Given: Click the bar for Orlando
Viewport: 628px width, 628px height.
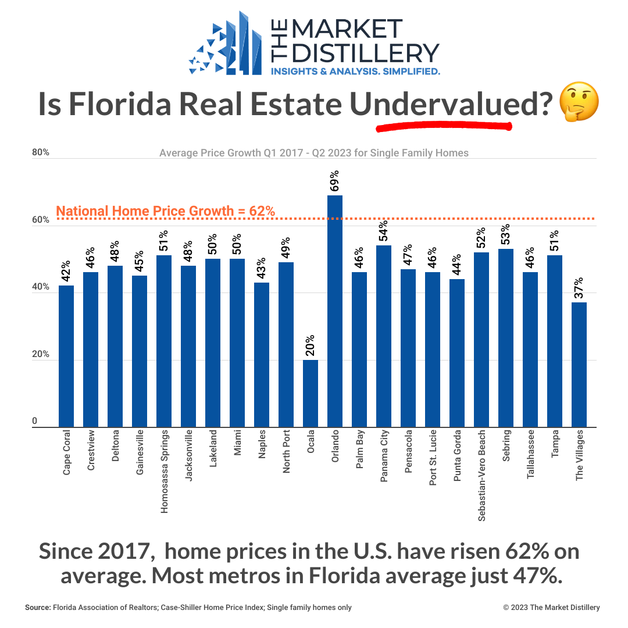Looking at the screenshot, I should coord(335,311).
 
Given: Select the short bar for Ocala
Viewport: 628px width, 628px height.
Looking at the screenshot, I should coord(311,394).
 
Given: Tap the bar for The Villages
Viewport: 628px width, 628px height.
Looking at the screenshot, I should coord(579,365).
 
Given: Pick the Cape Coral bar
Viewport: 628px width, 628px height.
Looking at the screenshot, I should coord(66,356).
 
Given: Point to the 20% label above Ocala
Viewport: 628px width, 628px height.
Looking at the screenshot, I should coord(311,346).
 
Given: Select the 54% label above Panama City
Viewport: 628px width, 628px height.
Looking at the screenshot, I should coord(384,231).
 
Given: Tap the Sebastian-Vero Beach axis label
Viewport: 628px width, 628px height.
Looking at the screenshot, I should coord(481,476).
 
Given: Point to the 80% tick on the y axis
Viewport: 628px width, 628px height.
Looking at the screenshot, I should coord(40,152).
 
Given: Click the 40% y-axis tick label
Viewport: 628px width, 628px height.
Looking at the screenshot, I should coord(40,287).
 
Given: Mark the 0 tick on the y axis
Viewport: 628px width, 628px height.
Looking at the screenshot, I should coord(35,422).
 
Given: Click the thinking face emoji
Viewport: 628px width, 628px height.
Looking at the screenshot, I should coord(578,104).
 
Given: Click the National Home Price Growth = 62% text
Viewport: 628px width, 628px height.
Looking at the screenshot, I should coord(166,211).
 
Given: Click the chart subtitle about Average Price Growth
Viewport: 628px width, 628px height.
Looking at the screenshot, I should coord(313,153).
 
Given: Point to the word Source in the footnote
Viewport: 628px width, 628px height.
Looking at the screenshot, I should coord(37,608).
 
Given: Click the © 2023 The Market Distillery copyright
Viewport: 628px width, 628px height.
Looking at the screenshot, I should coord(551,608).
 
